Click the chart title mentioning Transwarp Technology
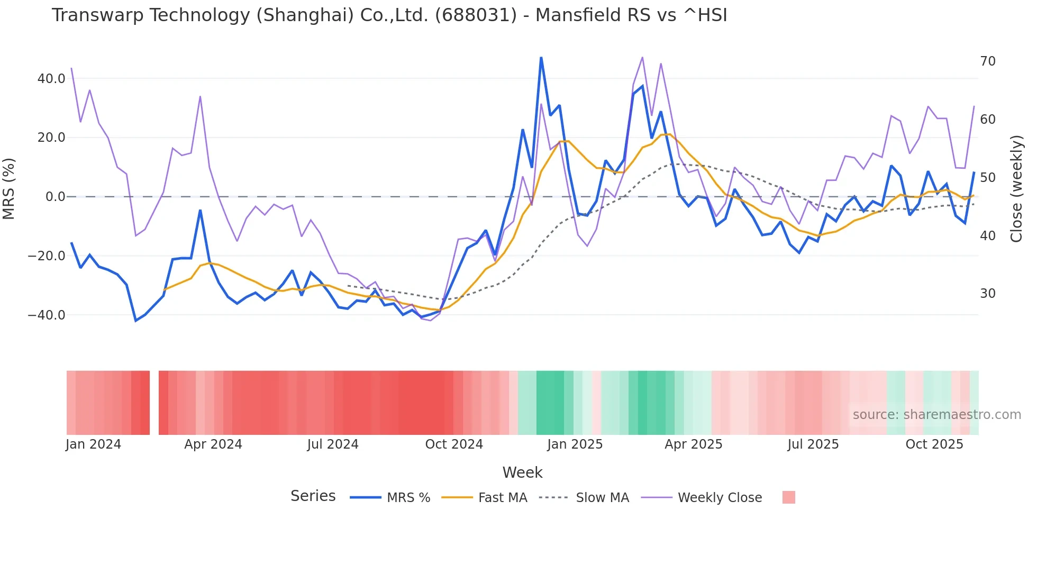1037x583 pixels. click(x=389, y=15)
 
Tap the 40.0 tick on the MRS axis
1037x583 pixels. click(x=51, y=79)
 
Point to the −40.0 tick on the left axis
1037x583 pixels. click(x=47, y=315)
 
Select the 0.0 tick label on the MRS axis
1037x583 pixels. click(x=55, y=197)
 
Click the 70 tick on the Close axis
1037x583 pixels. click(x=987, y=61)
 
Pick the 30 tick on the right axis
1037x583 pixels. click(x=987, y=294)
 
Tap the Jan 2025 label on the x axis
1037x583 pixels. click(x=575, y=444)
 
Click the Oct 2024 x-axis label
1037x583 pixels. click(x=454, y=444)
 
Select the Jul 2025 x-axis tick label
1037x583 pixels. click(x=813, y=444)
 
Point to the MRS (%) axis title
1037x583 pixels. click(x=9, y=189)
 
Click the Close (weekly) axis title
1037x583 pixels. click(x=1016, y=189)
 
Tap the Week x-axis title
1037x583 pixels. click(x=522, y=472)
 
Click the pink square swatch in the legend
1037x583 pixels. click(x=788, y=497)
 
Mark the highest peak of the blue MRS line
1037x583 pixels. click(x=541, y=58)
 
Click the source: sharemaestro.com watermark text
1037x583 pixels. click(x=936, y=415)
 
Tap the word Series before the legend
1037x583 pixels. click(x=313, y=496)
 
